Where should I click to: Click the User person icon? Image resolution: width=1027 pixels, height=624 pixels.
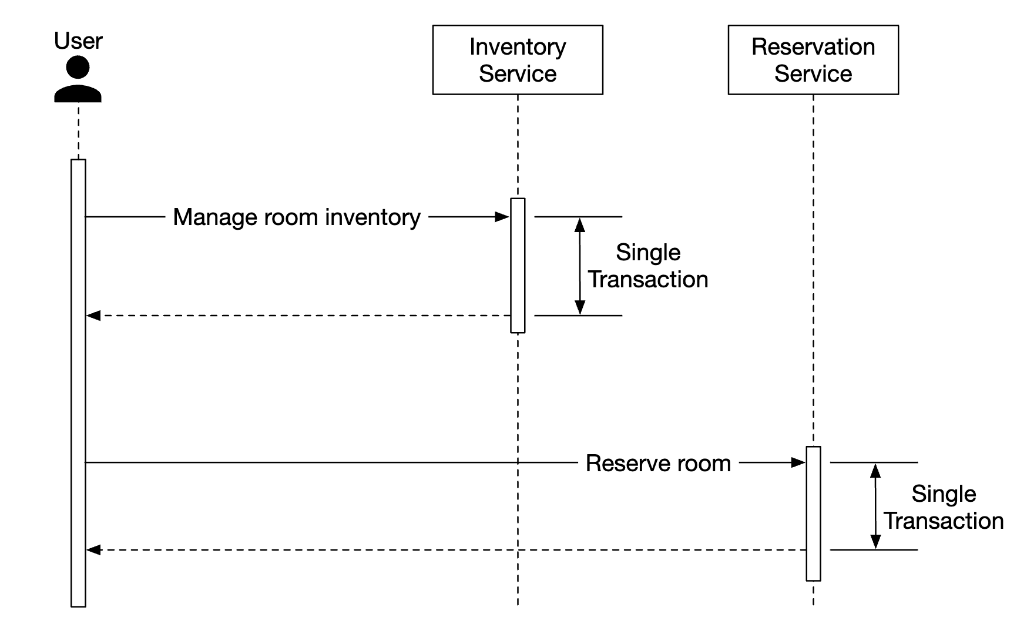pos(78,79)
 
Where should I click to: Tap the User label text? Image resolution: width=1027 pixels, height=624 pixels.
pos(78,41)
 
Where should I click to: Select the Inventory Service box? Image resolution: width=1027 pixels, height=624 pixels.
pos(518,59)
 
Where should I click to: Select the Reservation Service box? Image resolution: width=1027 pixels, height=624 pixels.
pos(813,59)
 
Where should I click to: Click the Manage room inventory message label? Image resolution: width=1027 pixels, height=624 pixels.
pos(297,217)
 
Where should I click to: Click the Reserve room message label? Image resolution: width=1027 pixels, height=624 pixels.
pos(658,464)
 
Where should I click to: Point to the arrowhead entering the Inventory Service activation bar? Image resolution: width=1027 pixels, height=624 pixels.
pos(503,217)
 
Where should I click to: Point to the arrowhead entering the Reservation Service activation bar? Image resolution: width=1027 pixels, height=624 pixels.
pos(798,463)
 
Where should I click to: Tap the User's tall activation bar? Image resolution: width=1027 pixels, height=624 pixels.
pos(78,382)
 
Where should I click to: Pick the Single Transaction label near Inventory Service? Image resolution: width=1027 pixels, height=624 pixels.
pos(648,266)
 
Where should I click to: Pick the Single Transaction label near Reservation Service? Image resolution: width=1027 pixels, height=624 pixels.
pos(944,508)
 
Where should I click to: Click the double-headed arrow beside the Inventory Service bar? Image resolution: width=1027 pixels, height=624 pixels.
pos(580,266)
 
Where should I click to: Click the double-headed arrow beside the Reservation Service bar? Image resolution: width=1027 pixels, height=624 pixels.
pos(875,506)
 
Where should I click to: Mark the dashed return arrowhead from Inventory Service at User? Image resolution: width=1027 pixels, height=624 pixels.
pos(93,316)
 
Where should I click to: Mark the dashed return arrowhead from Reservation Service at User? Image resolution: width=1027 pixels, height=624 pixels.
pos(93,550)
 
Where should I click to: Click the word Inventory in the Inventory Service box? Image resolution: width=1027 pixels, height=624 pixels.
pos(518,47)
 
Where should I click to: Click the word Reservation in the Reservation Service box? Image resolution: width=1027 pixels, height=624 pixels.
pos(813,47)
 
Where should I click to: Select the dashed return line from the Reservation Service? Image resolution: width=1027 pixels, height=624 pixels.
pos(447,550)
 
